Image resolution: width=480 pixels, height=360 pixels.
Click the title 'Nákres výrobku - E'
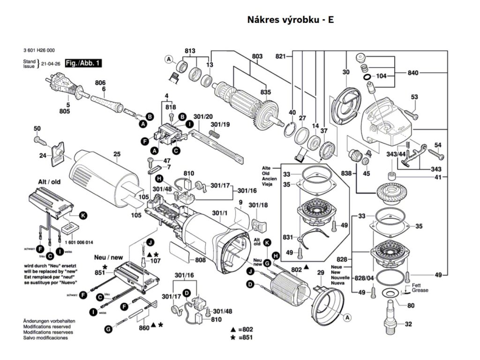tap(290, 20)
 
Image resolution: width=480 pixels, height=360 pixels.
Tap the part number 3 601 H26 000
tap(39, 50)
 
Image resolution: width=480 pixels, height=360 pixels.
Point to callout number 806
tap(100, 82)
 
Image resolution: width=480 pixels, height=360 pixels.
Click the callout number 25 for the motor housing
tap(117, 154)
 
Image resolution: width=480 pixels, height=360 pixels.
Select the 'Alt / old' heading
tap(49, 181)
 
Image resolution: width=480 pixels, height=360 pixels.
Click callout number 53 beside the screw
tap(414, 97)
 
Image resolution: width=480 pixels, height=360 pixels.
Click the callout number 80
tap(411, 306)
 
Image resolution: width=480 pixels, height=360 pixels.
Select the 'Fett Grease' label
tap(420, 288)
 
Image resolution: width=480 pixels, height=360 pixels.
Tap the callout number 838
tap(346, 173)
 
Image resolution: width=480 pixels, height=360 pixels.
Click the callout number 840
tap(413, 73)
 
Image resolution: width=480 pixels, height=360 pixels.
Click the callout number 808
tap(200, 260)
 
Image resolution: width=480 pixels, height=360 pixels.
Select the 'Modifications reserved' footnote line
tap(47, 326)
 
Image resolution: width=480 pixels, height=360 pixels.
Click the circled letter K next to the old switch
tap(82, 216)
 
